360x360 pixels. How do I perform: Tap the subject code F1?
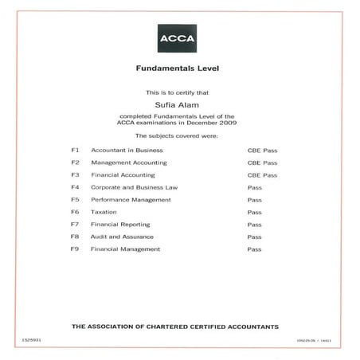(76, 150)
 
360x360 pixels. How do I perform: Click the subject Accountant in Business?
(127, 150)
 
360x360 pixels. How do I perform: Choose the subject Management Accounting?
(129, 162)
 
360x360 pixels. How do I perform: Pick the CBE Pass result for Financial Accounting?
(262, 175)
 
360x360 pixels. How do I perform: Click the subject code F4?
(76, 187)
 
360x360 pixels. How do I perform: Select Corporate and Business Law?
(135, 187)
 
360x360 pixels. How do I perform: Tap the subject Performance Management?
(131, 200)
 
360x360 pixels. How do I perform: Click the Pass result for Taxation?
(254, 213)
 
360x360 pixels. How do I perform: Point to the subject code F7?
(76, 225)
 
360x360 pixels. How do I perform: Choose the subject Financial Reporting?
(122, 225)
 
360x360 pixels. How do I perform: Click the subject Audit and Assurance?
(122, 237)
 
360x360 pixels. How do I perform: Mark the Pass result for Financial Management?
(254, 249)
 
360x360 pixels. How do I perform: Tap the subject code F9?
(76, 249)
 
